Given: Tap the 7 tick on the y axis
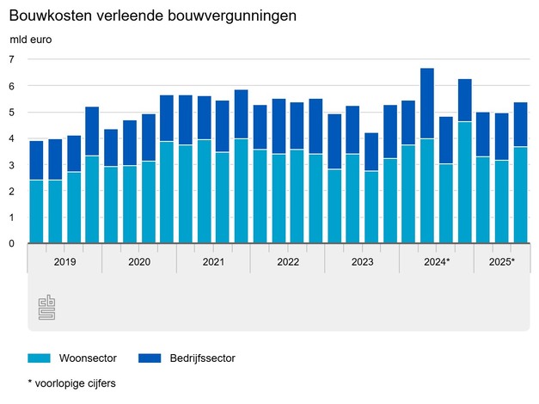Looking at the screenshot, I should [x=12, y=59].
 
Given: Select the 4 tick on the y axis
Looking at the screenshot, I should [x=12, y=138].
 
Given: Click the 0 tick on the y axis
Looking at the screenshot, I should [x=12, y=244].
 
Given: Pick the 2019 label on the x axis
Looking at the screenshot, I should [x=64, y=260].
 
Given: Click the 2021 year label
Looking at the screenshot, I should [x=213, y=260].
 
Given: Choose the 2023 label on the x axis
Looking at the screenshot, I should [x=362, y=260].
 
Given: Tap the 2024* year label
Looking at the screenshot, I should [x=437, y=260].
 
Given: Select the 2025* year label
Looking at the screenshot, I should [x=501, y=260].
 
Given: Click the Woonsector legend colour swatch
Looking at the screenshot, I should [x=40, y=358].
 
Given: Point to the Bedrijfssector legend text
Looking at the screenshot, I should [x=203, y=358].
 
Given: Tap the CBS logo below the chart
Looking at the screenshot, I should [x=46, y=309].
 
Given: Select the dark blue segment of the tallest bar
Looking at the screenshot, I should [x=426, y=103].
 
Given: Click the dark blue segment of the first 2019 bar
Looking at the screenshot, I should [x=36, y=160].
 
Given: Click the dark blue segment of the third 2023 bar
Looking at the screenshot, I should [x=371, y=151].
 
